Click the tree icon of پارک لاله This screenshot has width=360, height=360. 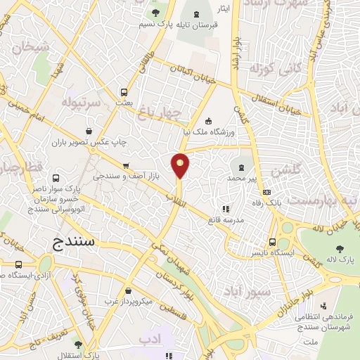coord(340,248)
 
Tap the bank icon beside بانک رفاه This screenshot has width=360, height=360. coord(266,192)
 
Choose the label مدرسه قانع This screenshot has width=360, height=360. coord(226,220)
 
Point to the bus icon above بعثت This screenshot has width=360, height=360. coord(124,92)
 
